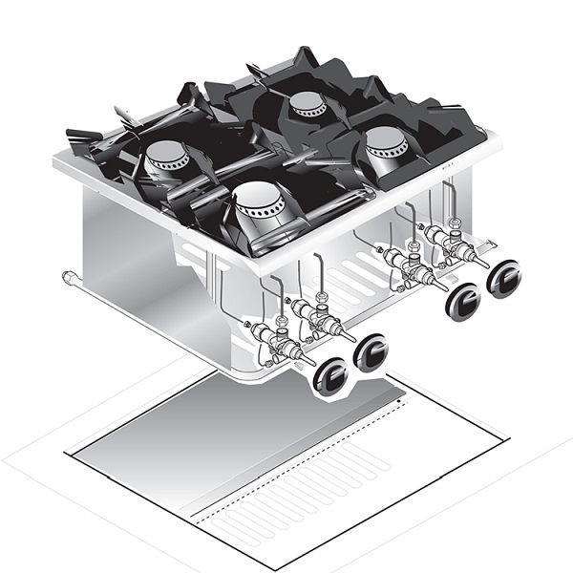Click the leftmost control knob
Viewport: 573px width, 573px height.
[x=329, y=375]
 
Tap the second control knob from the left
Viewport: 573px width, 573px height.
[x=371, y=353]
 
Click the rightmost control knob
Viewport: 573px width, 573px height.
[x=503, y=279]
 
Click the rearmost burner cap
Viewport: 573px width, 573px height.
[x=308, y=102]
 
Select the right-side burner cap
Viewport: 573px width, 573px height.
[x=387, y=142]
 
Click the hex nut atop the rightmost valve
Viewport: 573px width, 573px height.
[x=455, y=225]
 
